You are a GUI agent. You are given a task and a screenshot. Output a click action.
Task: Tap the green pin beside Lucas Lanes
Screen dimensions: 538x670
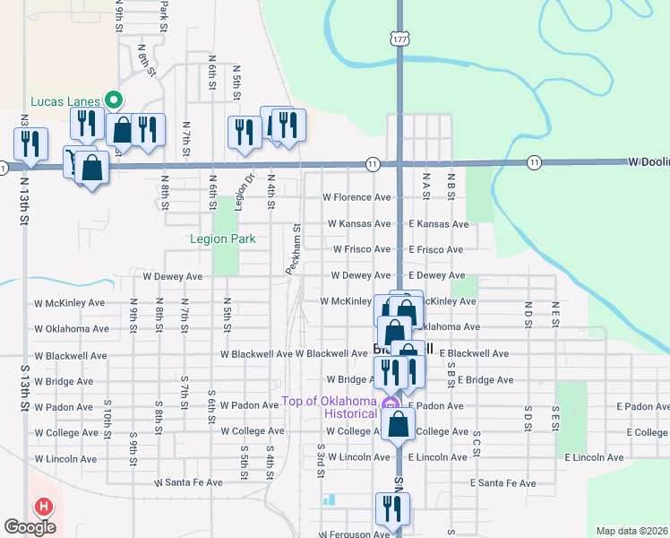point(113,100)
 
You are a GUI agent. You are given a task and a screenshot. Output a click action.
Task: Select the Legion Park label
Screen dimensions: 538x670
point(222,239)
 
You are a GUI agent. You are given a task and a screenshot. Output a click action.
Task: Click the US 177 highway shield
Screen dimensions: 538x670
point(399,39)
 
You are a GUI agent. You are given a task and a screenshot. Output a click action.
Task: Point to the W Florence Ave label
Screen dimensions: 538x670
point(356,197)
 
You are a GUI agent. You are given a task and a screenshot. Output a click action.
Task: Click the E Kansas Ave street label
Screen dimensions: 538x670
point(438,223)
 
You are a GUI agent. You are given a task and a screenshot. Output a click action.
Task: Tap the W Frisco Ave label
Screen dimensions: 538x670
point(361,249)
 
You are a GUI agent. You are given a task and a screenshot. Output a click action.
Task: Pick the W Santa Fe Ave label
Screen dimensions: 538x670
point(188,482)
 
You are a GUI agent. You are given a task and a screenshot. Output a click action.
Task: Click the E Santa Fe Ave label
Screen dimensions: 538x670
point(503,482)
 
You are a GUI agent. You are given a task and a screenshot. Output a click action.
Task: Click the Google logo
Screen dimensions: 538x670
point(30,526)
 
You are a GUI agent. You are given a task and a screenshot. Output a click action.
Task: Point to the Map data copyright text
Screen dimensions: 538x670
point(631,531)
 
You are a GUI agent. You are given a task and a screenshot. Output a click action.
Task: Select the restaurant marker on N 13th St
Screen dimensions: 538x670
point(30,143)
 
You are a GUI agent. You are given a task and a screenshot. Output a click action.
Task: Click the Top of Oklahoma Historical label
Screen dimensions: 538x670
point(329,407)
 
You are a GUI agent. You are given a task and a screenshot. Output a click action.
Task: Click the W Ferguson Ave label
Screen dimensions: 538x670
point(355,534)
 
